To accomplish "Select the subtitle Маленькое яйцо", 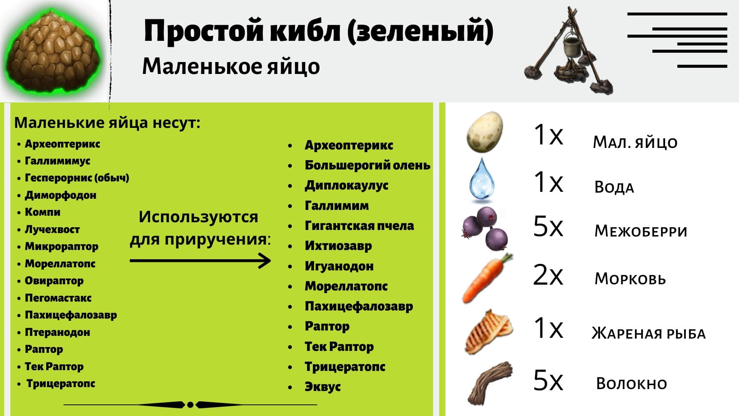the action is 231,66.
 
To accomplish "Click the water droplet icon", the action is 482,180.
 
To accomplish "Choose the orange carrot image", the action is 487,278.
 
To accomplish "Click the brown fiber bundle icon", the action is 490,382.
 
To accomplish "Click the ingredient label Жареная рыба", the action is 649,334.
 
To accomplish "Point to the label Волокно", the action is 632,384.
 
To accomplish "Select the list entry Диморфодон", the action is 60,195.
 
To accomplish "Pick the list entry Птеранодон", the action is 57,332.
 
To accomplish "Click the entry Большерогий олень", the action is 368,165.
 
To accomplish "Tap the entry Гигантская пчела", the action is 359,226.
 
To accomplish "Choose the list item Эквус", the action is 323,387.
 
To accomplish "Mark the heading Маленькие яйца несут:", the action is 107,123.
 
